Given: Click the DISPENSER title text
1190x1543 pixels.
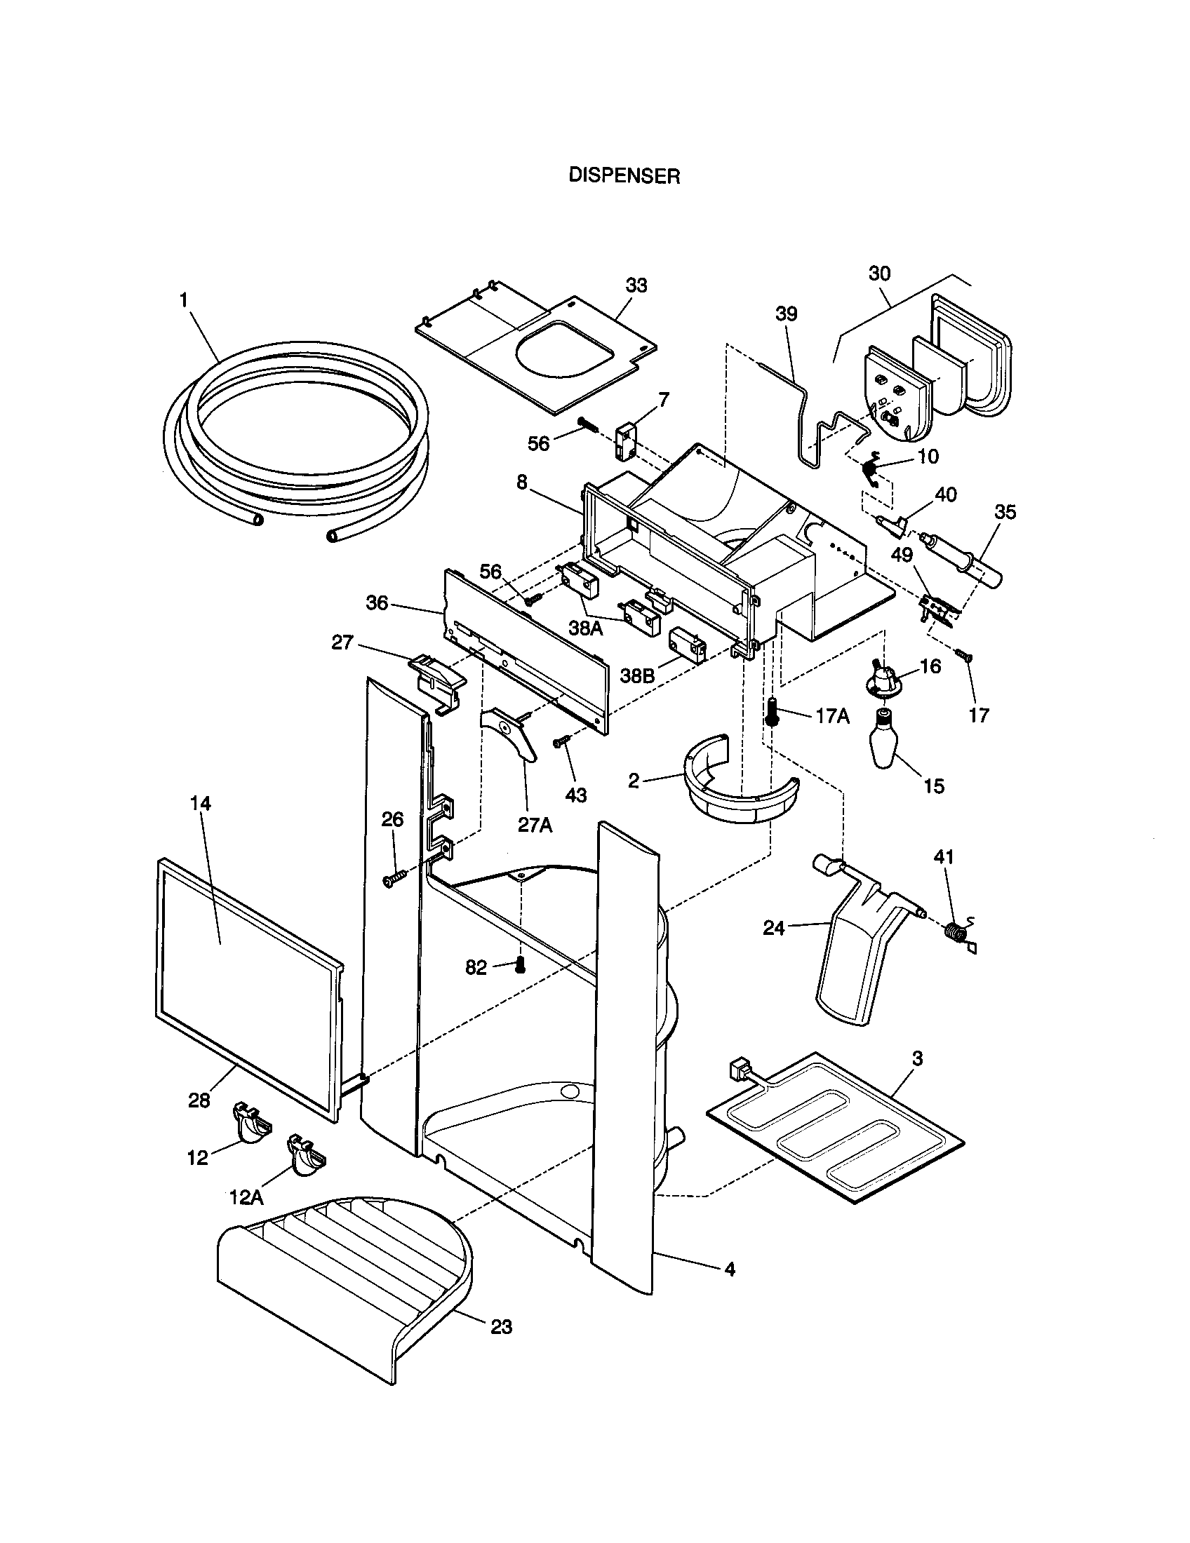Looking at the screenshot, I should point(624,176).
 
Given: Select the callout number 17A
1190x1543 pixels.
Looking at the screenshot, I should point(832,715).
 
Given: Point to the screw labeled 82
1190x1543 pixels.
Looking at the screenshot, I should point(521,964).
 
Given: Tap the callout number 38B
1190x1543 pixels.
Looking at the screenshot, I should point(639,675).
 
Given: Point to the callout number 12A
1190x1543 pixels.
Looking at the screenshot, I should point(246,1197).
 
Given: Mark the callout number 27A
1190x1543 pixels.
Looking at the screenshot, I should point(534,825).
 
